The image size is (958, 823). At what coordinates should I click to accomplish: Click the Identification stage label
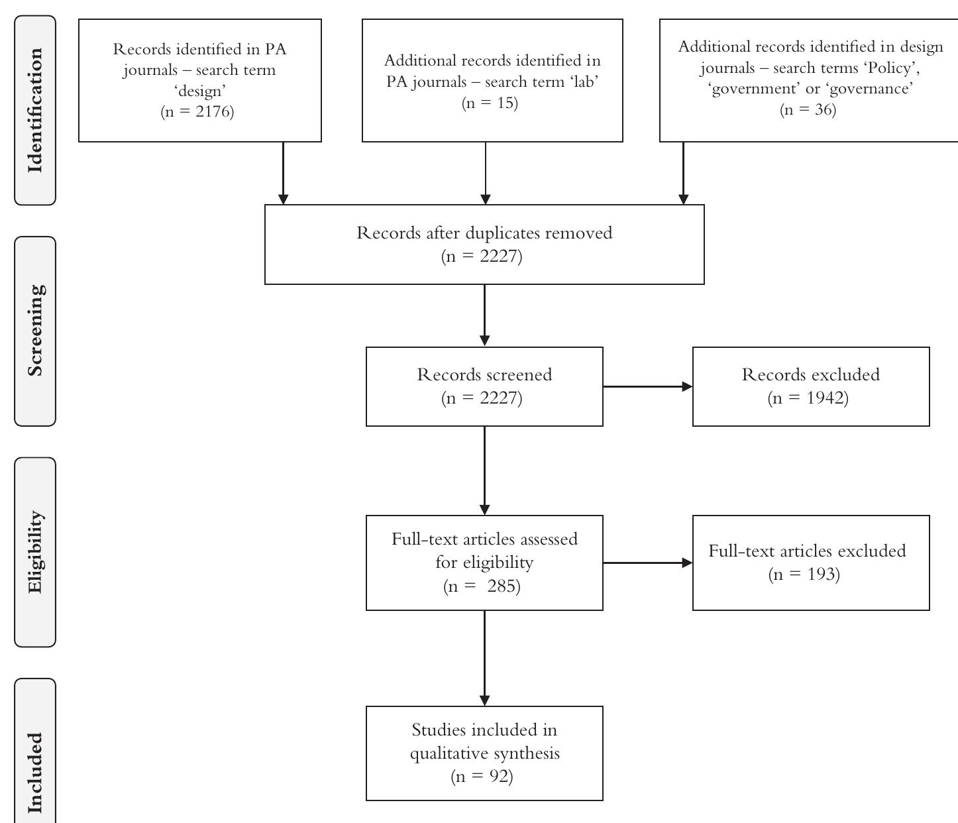point(35,111)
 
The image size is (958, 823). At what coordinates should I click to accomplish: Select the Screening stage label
point(35,331)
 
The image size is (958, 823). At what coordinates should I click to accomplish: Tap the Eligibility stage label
point(35,552)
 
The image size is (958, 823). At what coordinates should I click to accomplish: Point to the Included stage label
point(35,772)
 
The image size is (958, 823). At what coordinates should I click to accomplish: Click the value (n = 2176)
point(197,111)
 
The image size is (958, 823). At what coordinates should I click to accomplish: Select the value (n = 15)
point(490,103)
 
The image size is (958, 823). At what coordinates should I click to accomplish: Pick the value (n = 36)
point(808,109)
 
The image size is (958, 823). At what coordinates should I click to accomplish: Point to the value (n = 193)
point(804,575)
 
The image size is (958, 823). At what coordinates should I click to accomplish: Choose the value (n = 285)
point(482,586)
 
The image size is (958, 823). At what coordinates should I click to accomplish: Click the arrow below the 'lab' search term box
point(486,173)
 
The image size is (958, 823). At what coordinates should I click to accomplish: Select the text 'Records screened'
point(484,374)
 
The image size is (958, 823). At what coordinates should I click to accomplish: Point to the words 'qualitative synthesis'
point(484,753)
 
